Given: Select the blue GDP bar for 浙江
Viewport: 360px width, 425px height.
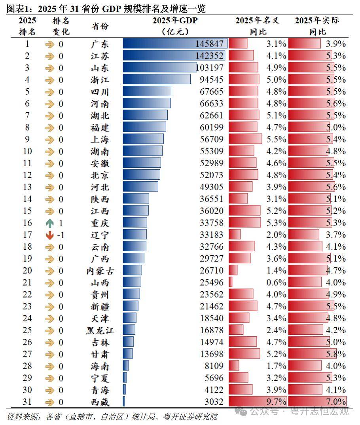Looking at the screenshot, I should click(157, 80).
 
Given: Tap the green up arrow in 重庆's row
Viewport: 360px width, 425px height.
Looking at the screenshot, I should click(49, 223).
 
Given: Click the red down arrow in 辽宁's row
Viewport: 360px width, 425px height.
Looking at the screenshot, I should click(49, 235).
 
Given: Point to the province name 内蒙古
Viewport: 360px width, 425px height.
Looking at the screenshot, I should click(98, 271).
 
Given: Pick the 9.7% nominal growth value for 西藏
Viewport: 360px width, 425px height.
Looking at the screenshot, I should click(276, 402).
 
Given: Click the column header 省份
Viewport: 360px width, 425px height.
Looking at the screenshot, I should click(100, 26).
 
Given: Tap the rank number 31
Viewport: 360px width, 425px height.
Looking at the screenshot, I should click(27, 402).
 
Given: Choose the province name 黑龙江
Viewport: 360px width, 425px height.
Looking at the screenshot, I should click(98, 330).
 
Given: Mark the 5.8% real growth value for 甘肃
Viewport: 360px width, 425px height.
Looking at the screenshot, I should click(336, 354).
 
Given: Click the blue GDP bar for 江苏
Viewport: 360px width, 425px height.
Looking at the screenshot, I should click(174, 56).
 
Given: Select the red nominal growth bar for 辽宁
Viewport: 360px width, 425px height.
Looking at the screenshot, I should click(235, 235).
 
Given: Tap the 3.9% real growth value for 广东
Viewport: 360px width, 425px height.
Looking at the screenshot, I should click(336, 44).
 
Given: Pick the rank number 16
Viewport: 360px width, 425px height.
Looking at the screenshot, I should click(27, 223).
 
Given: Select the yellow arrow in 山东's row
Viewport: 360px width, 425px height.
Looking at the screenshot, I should click(49, 68).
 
